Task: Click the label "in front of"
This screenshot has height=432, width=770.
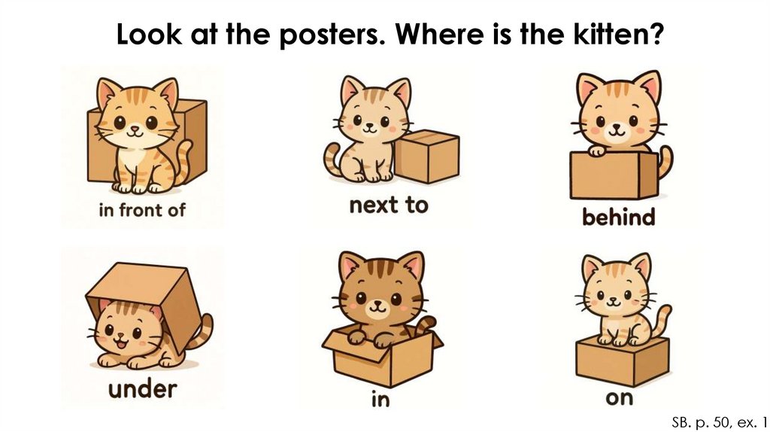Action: tap(142, 210)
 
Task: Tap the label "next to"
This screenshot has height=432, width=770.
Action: tap(389, 205)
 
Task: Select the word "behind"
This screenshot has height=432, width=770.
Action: tap(619, 217)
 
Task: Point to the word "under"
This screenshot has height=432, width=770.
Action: tap(142, 389)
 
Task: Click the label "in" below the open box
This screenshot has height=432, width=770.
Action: tap(380, 400)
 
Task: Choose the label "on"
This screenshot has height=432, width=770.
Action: tap(620, 398)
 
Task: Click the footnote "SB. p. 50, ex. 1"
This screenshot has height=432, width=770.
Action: tap(718, 421)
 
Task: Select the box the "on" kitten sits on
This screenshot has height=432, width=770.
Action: tap(622, 361)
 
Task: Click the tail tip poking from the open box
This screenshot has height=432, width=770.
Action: tap(426, 326)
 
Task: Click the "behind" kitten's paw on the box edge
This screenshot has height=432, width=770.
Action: tap(597, 151)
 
